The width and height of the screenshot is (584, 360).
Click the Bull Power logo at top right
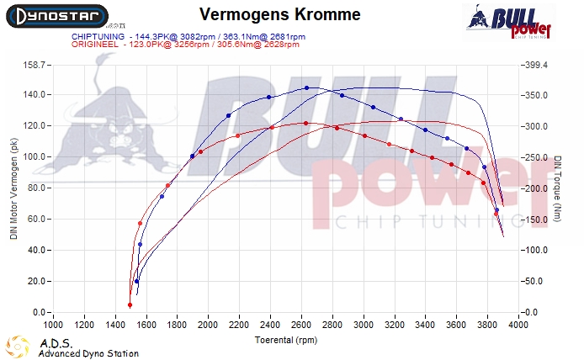pyautogui.click(x=508, y=22)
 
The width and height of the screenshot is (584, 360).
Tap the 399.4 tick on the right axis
pyautogui.click(x=535, y=64)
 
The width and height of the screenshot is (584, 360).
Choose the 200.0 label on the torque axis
pyautogui.click(x=535, y=188)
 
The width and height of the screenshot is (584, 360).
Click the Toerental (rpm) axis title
pyautogui.click(x=285, y=341)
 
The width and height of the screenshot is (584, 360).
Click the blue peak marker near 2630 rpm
pyautogui.click(x=306, y=87)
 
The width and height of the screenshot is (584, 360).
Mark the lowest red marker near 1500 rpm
pyautogui.click(x=130, y=305)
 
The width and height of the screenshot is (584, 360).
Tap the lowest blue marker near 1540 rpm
pyautogui.click(x=136, y=282)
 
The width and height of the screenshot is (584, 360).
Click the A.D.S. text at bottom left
pyautogui.click(x=51, y=343)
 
